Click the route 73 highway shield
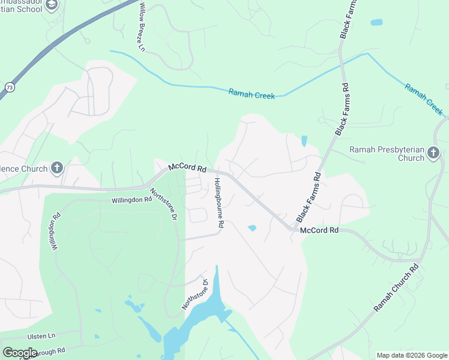coord(9,88)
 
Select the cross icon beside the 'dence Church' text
coord(57,167)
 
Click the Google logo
coord(19,353)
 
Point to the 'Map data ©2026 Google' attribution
coord(412,355)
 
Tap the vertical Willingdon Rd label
coord(55,231)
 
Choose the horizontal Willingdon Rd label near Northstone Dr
coord(131,199)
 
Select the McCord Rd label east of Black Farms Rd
coord(319,230)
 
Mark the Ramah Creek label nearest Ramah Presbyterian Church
coord(424,99)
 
